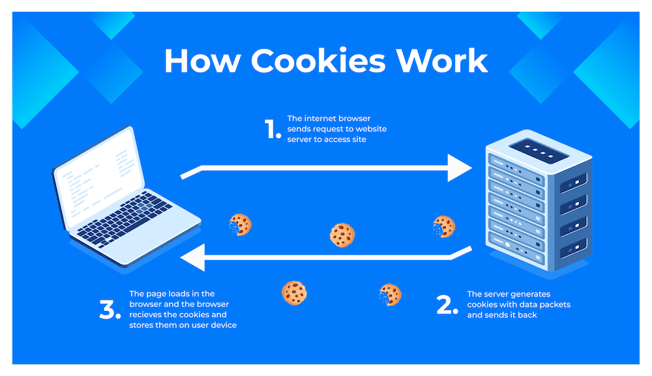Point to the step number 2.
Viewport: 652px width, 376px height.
[447, 305]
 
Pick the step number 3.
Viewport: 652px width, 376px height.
[110, 311]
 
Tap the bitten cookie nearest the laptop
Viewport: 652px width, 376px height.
[240, 225]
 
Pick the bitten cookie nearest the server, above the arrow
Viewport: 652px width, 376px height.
[443, 227]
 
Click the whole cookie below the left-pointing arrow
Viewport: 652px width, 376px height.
[294, 293]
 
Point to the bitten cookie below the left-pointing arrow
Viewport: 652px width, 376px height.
[390, 295]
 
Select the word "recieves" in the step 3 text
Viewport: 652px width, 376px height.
[147, 315]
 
